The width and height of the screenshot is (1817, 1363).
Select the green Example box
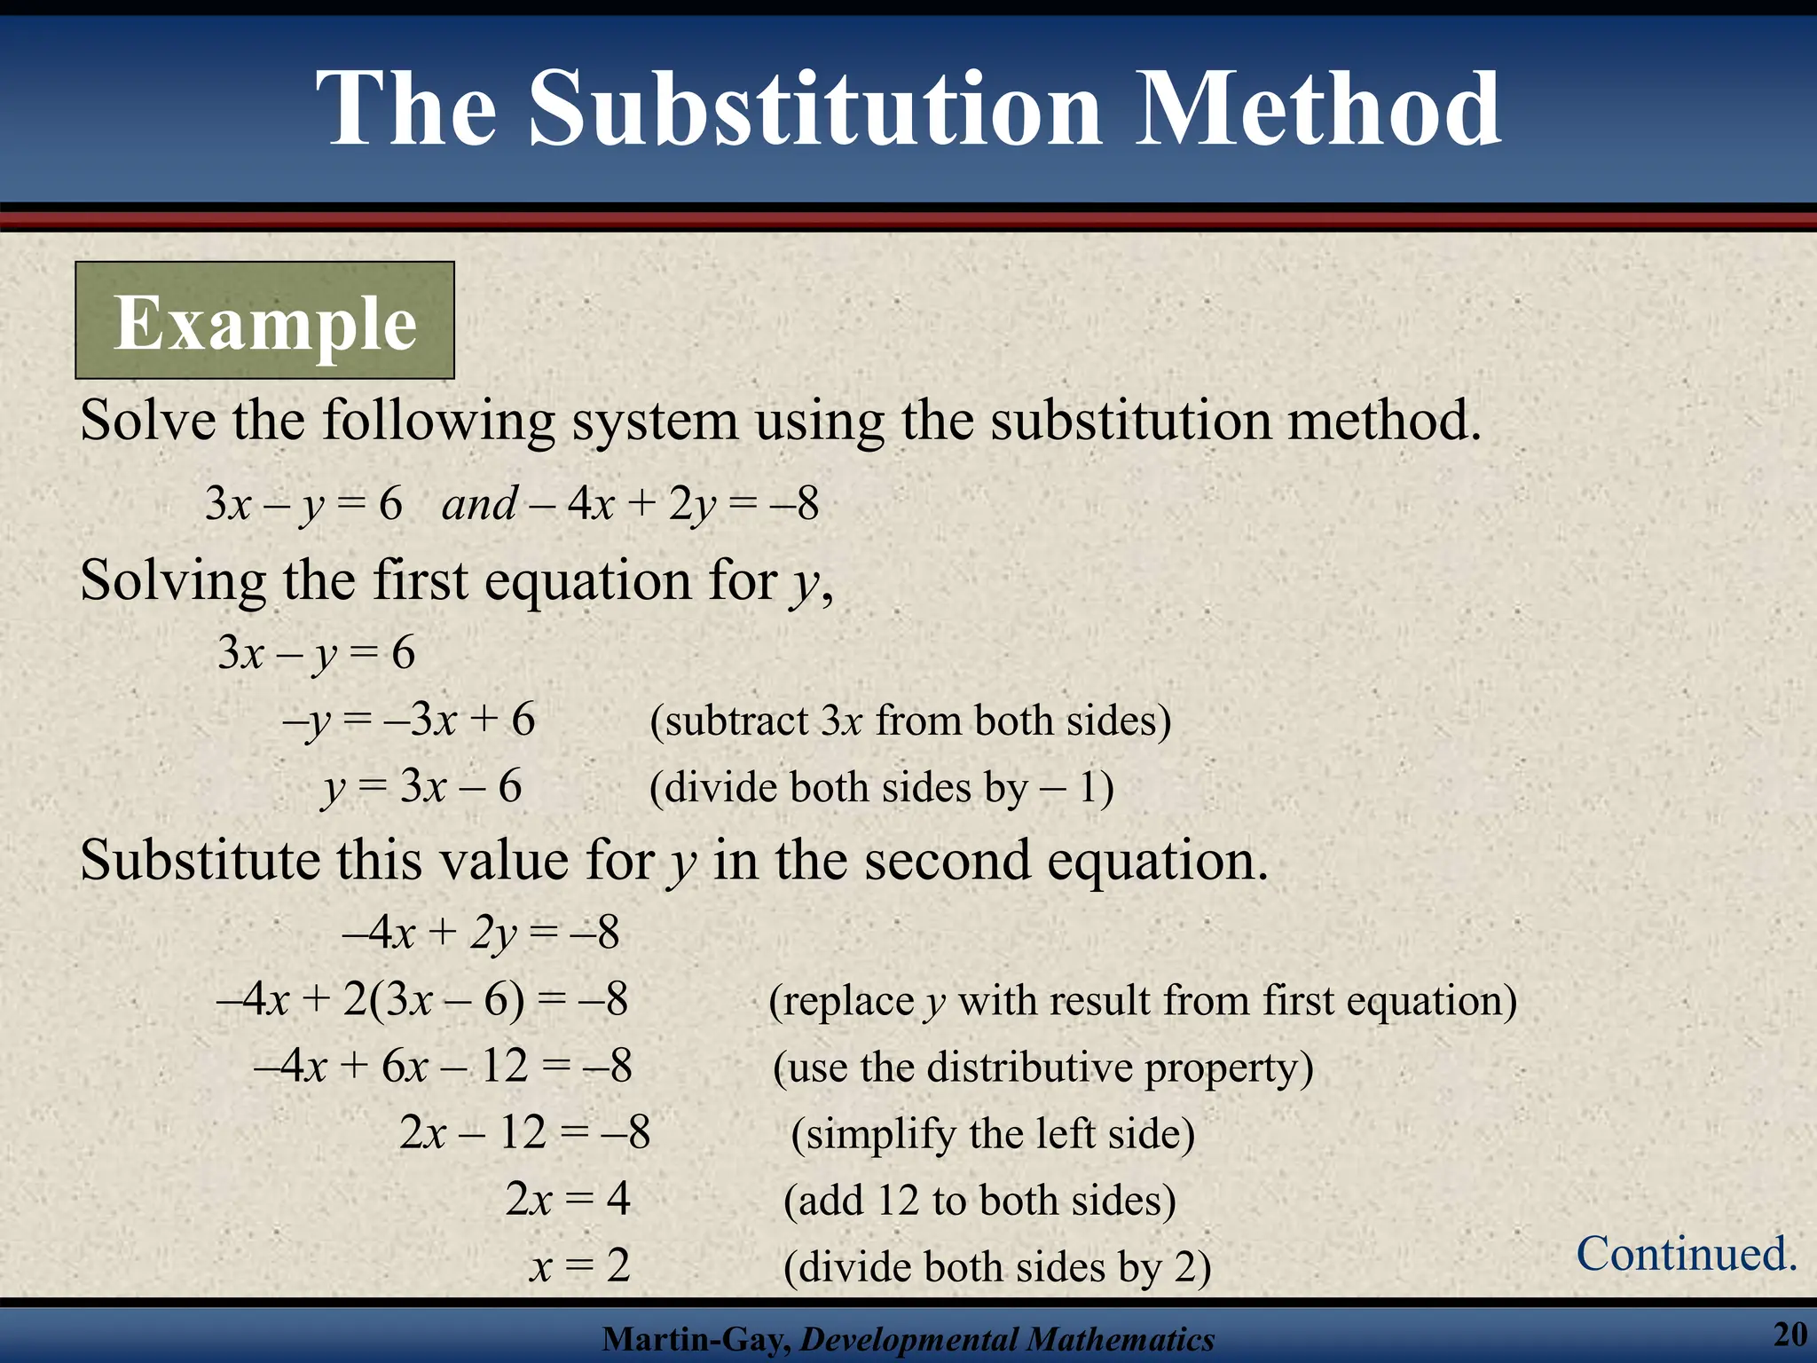[264, 320]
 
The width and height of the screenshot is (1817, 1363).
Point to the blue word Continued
[1687, 1254]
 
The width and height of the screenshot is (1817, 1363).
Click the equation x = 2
[580, 1265]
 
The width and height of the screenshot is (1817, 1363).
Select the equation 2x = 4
[568, 1199]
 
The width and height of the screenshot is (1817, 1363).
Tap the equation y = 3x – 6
[422, 787]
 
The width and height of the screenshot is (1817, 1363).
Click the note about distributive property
[1042, 1068]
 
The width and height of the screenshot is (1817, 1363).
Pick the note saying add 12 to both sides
[979, 1201]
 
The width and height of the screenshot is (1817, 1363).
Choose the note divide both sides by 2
[997, 1267]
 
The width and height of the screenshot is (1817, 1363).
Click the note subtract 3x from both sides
[910, 721]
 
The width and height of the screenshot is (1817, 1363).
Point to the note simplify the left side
[993, 1134]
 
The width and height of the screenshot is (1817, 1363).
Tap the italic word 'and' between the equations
[479, 505]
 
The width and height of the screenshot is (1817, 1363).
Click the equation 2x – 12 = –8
[524, 1132]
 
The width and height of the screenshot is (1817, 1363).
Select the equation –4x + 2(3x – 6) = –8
[422, 1000]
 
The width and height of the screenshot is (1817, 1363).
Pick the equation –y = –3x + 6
[409, 720]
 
